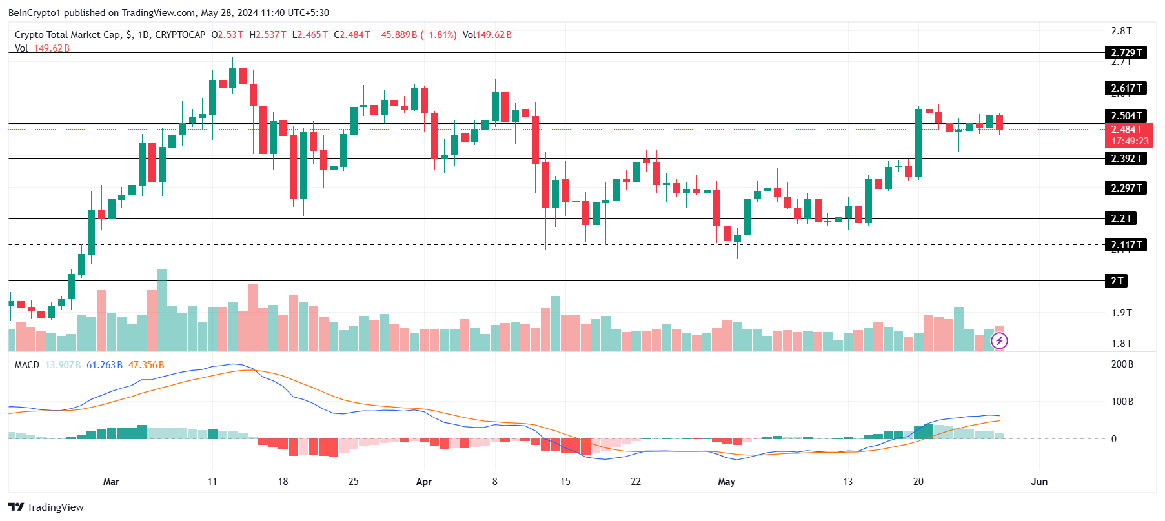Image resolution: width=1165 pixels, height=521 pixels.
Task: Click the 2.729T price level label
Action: click(x=1126, y=53)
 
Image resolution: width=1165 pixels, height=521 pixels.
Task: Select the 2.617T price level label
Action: click(x=1126, y=88)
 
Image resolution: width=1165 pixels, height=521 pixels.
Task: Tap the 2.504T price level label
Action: click(x=1126, y=116)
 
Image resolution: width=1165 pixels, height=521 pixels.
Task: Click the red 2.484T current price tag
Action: click(x=1130, y=130)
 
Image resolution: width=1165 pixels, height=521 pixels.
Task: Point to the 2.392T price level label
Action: click(x=1126, y=159)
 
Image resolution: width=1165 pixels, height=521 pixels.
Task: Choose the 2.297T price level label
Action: click(x=1126, y=188)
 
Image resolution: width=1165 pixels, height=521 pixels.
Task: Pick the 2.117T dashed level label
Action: click(x=1126, y=245)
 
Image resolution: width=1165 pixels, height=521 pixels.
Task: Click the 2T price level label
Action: click(x=1117, y=281)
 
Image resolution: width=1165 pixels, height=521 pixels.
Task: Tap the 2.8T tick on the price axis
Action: click(x=1121, y=31)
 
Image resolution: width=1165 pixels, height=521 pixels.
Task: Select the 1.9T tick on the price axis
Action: click(x=1121, y=313)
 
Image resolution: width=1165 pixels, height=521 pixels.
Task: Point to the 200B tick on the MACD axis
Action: click(x=1122, y=364)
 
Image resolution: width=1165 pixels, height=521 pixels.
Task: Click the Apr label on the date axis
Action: click(x=424, y=482)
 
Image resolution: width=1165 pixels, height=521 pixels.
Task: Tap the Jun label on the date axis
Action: click(x=1039, y=482)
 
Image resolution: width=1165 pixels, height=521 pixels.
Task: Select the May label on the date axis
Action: click(x=727, y=482)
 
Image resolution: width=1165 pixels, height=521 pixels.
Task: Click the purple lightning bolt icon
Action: click(x=999, y=340)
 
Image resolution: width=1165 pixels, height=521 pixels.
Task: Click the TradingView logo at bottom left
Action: click(x=46, y=507)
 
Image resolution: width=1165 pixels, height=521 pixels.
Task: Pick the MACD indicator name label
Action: click(x=27, y=365)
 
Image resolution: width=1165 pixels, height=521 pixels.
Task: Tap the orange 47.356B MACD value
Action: click(x=146, y=365)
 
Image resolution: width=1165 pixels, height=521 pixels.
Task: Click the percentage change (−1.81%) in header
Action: click(x=438, y=35)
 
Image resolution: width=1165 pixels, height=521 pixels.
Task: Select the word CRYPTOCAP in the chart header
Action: click(x=180, y=35)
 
